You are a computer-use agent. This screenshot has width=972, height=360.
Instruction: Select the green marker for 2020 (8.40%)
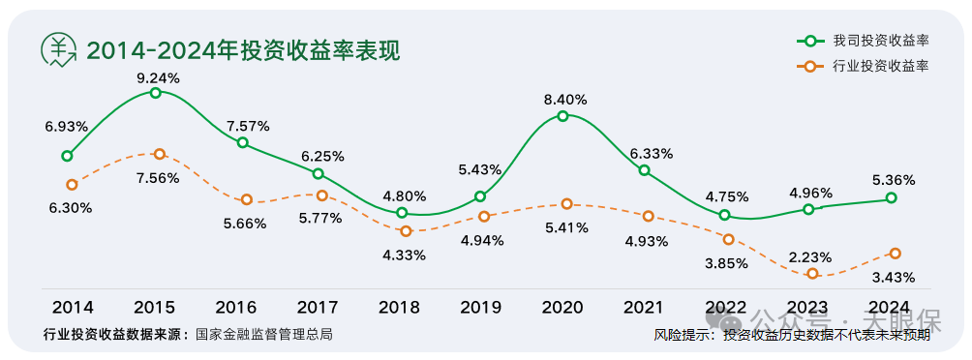562,116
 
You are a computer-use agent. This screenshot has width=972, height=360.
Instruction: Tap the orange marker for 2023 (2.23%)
813,274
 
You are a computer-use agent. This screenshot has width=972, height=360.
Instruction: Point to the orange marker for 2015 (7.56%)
160,154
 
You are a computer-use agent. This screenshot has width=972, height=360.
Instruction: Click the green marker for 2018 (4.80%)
402,213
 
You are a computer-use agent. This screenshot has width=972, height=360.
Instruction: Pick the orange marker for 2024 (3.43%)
896,254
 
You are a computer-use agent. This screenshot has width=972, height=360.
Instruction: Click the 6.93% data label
67,126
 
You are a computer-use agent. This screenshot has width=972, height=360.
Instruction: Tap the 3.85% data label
725,262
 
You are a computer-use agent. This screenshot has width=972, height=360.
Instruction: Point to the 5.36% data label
893,180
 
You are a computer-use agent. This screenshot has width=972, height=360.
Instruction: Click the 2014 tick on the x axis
73,308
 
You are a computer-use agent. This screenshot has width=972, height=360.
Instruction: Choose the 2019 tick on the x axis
480,308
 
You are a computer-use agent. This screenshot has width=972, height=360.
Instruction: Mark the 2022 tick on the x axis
725,308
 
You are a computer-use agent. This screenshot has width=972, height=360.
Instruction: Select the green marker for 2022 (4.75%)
725,215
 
